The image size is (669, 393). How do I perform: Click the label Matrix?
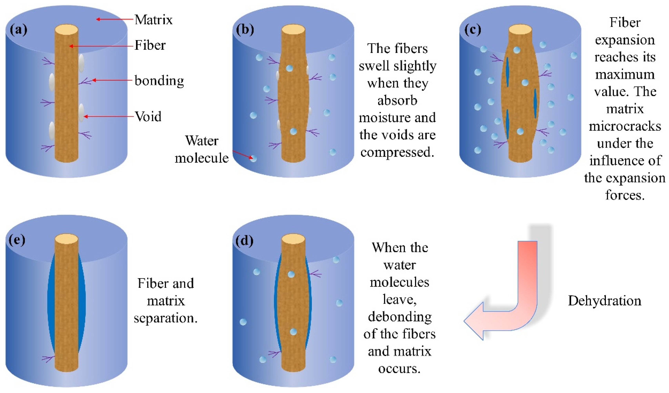point(153,20)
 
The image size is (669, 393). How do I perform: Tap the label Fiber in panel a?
point(150,45)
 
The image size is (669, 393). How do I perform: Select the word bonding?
point(159,81)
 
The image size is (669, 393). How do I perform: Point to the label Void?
point(148,116)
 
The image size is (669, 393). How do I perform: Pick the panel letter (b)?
point(245,30)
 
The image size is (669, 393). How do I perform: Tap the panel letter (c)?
point(473,30)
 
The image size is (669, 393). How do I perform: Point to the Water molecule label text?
point(202,149)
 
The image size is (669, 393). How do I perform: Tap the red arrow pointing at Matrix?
point(114,19)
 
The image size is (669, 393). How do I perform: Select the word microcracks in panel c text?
point(625,126)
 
